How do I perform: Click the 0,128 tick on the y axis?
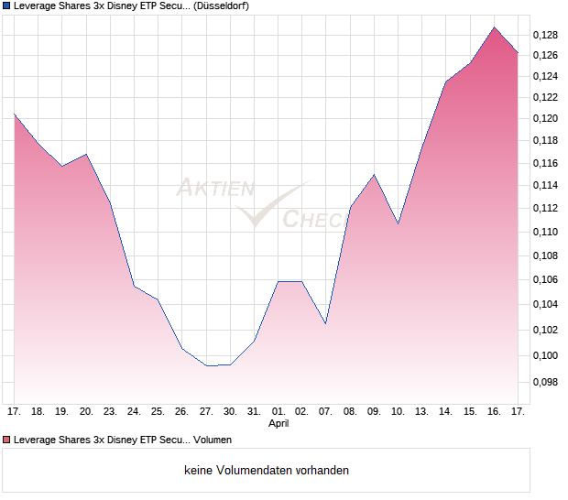[x=545, y=36]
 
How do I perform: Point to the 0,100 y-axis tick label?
[x=545, y=355]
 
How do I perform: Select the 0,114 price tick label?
[x=545, y=186]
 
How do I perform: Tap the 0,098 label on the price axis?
[x=545, y=382]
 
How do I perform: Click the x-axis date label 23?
[x=110, y=412]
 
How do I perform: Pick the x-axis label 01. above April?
[x=279, y=412]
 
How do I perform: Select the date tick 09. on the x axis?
[x=374, y=412]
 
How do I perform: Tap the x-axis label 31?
[x=254, y=412]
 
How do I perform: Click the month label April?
[x=279, y=425]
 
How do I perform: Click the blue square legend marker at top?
[x=5, y=5]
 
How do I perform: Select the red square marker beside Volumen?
[x=5, y=440]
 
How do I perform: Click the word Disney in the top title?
[x=109, y=5]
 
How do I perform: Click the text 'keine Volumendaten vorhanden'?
[x=267, y=470]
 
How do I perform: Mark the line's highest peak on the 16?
[x=495, y=27]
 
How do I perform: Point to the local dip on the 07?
[x=325, y=323]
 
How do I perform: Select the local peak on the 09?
[x=374, y=174]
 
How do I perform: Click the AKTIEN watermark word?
[x=214, y=189]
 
